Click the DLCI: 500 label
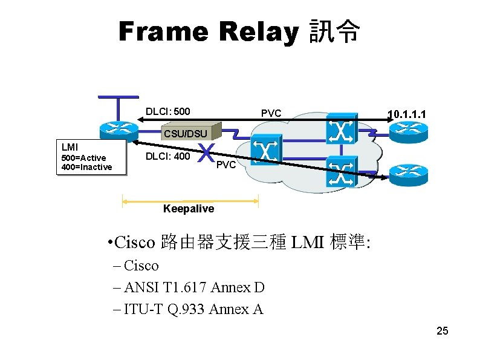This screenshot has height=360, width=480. [x=168, y=112]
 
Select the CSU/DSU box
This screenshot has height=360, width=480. [x=185, y=133]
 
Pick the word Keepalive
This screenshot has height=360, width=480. [x=189, y=209]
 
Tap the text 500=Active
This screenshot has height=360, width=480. [x=84, y=158]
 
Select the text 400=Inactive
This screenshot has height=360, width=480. [x=87, y=167]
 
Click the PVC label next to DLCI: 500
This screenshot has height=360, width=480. [x=271, y=113]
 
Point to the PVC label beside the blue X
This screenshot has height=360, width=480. [x=226, y=165]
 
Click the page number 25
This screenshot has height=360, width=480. [x=443, y=330]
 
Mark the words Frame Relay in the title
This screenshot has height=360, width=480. [x=209, y=31]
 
